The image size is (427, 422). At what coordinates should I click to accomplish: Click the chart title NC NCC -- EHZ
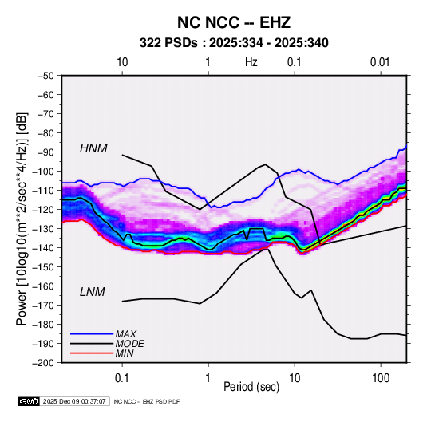coord(234,22)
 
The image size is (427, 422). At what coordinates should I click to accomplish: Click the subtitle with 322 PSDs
coord(234,43)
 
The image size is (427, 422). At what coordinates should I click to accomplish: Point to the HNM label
coord(93,148)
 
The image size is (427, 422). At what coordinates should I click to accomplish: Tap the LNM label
coord(93,292)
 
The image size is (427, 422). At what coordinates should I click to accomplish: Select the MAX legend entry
coord(125,333)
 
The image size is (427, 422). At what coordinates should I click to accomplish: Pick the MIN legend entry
coord(125,353)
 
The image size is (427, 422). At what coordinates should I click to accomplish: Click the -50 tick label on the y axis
coord(45,76)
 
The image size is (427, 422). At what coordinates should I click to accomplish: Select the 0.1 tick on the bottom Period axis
coord(122,378)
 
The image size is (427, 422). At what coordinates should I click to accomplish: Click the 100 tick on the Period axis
coord(381,378)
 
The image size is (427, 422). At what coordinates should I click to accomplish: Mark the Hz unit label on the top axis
coord(251,62)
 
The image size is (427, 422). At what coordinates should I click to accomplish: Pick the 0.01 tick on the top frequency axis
coord(380,62)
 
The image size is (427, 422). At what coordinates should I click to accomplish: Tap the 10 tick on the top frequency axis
coord(122,62)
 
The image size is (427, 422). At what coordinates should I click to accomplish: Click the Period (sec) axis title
coord(251,387)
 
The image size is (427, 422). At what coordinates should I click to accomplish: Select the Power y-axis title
coord(22,219)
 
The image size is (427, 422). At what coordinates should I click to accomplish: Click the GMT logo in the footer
coord(30,401)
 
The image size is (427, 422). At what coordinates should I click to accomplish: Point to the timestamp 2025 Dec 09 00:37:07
coord(74,401)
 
